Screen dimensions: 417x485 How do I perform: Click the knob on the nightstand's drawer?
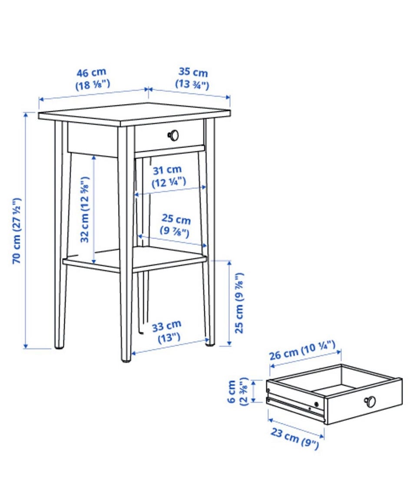click(173, 135)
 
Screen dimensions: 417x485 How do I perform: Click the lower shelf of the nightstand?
click(135, 259)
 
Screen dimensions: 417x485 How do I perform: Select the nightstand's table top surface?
click(134, 114)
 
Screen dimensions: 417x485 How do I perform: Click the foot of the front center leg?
click(126, 359)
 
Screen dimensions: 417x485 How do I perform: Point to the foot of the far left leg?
click(60, 346)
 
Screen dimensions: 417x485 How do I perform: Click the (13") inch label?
click(169, 338)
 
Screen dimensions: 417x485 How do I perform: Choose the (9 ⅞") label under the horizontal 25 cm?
click(175, 232)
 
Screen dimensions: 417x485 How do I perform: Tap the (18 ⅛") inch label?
click(93, 85)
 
